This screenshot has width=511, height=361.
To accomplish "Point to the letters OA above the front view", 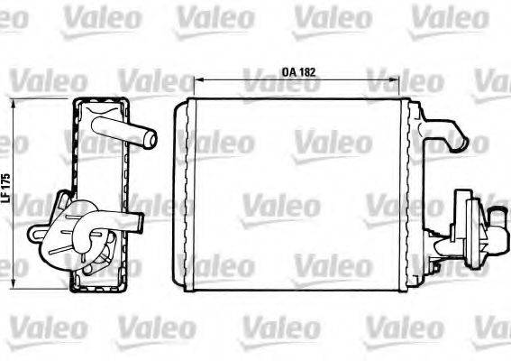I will (286, 68).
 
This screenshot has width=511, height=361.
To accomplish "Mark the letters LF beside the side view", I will (6, 198).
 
